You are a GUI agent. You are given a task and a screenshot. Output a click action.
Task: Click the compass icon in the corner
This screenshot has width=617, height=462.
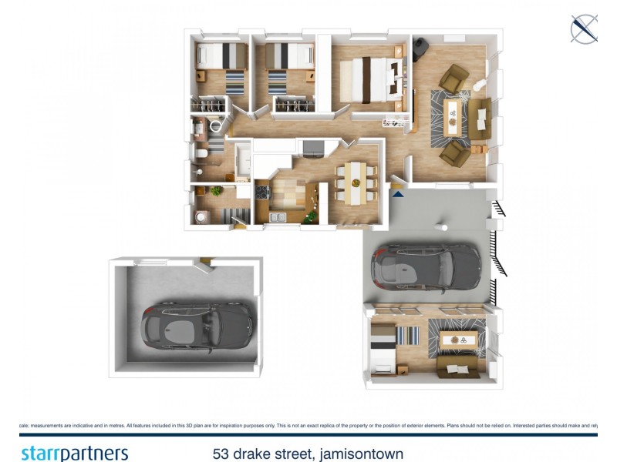[584, 28]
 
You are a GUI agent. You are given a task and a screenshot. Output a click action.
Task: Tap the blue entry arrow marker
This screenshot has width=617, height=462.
[398, 194]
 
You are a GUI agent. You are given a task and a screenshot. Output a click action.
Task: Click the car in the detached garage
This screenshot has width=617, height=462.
[197, 323]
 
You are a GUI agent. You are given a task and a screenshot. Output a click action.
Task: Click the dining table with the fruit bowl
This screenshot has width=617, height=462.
[355, 183]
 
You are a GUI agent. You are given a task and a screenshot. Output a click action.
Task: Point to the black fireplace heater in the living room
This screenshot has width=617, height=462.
[420, 49]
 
